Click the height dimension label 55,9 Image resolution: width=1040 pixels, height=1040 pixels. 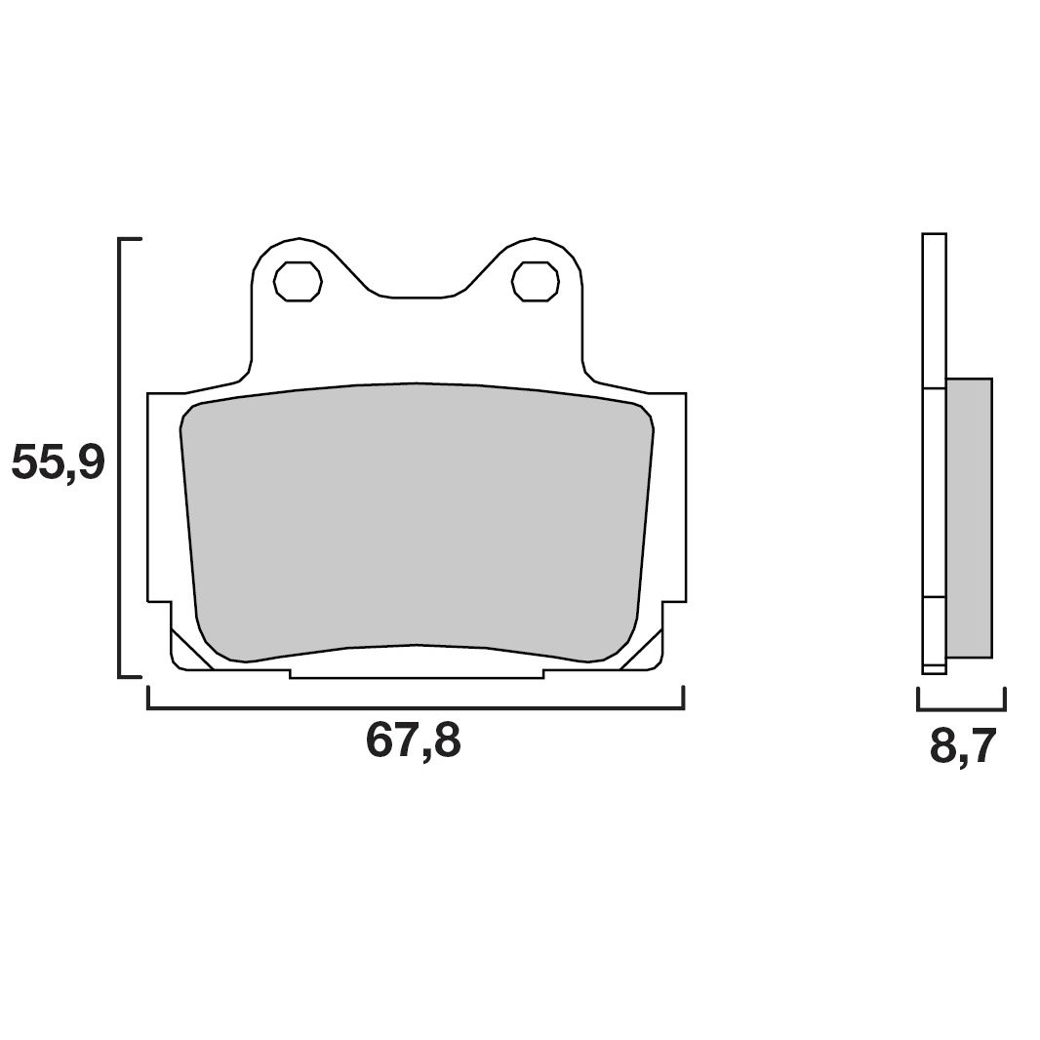coord(58,462)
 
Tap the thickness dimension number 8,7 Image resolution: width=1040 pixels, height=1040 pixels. coord(962,747)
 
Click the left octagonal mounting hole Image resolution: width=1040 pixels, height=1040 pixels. coord(298,281)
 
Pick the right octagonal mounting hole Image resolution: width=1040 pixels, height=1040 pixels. coord(536,281)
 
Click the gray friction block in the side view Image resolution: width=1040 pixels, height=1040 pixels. coord(969,517)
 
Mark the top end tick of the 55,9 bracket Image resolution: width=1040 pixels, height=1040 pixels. coord(131,238)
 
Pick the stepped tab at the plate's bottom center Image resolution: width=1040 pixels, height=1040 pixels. coord(417,673)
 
